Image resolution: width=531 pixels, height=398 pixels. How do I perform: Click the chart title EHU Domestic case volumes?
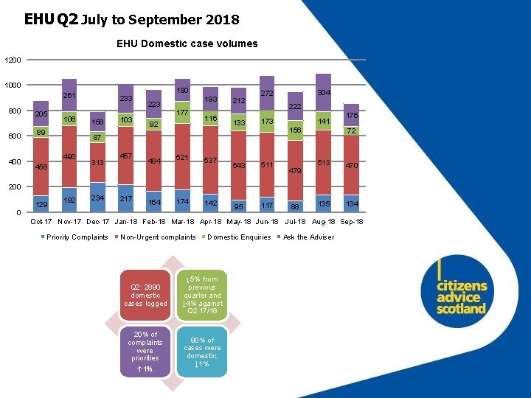pyautogui.click(x=187, y=43)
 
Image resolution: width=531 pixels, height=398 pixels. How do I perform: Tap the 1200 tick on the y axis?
pyautogui.click(x=13, y=60)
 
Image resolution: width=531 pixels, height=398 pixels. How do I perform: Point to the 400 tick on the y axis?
pyautogui.click(x=15, y=161)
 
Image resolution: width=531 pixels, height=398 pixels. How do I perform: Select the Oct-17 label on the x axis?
pyautogui.click(x=41, y=222)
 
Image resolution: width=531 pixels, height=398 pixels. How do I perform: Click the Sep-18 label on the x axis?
pyautogui.click(x=352, y=222)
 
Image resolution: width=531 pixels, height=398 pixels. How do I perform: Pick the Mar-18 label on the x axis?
pyautogui.click(x=182, y=222)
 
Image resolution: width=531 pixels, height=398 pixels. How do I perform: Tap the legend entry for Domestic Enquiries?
pyautogui.click(x=239, y=237)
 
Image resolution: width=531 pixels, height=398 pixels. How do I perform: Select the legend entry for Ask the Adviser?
pyautogui.click(x=308, y=237)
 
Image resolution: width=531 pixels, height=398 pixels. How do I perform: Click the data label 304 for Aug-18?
pyautogui.click(x=323, y=93)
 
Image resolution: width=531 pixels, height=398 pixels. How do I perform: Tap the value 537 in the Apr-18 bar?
pyautogui.click(x=210, y=160)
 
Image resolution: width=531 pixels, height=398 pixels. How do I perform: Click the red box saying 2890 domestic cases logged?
pyautogui.click(x=145, y=295)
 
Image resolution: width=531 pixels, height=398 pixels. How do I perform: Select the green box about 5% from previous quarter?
pyautogui.click(x=202, y=295)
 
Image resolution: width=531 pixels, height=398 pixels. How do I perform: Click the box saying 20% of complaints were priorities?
pyautogui.click(x=145, y=351)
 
